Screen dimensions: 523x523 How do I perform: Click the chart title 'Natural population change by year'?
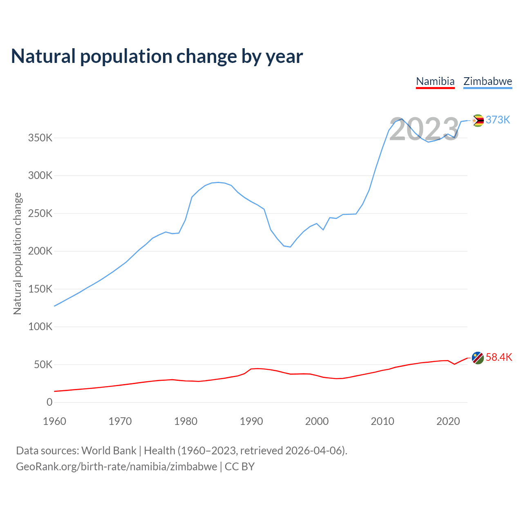click(157, 56)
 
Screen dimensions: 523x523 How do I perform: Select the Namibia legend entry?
click(435, 81)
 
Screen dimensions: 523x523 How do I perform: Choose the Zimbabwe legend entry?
click(487, 81)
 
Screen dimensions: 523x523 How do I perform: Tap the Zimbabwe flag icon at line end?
click(478, 121)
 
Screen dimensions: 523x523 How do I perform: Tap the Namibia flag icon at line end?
click(478, 358)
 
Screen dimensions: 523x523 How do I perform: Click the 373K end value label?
click(498, 120)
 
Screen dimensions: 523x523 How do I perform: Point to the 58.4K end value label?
click(499, 358)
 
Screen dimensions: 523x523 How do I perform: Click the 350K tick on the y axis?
click(40, 138)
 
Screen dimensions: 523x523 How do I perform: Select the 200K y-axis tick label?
click(40, 251)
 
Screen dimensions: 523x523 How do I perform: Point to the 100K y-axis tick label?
click(40, 327)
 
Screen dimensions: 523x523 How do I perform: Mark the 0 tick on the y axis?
click(49, 402)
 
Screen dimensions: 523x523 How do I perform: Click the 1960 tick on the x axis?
click(54, 421)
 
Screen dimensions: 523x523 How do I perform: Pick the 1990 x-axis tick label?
click(251, 421)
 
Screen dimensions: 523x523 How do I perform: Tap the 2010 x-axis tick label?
click(382, 421)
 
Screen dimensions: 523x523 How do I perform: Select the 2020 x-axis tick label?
click(448, 421)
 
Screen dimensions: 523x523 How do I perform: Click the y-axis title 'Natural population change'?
click(18, 254)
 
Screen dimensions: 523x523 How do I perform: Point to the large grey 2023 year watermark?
click(424, 130)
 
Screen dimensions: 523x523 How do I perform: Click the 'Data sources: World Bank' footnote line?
click(181, 451)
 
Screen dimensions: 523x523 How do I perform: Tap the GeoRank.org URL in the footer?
click(116, 467)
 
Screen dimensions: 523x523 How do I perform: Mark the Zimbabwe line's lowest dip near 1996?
click(290, 247)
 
